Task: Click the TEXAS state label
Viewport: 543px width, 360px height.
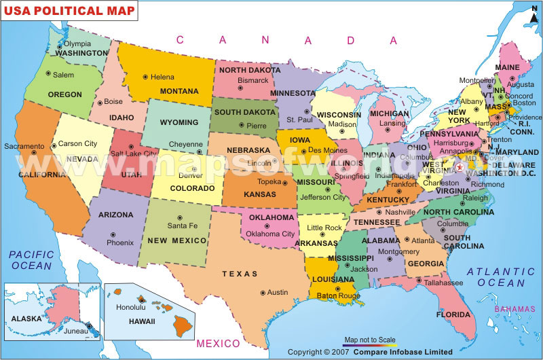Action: pyautogui.click(x=240, y=274)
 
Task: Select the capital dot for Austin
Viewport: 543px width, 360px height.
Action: pyautogui.click(x=263, y=292)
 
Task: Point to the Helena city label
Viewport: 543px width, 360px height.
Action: pyautogui.click(x=162, y=77)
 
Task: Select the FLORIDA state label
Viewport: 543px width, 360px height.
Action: pyautogui.click(x=453, y=315)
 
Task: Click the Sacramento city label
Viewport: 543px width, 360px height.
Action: pyautogui.click(x=24, y=146)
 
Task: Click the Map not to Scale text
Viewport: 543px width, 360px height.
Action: pyautogui.click(x=371, y=339)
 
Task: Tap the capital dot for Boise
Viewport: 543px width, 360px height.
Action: pyautogui.click(x=100, y=103)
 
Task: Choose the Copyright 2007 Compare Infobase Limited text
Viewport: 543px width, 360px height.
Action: pyautogui.click(x=369, y=352)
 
